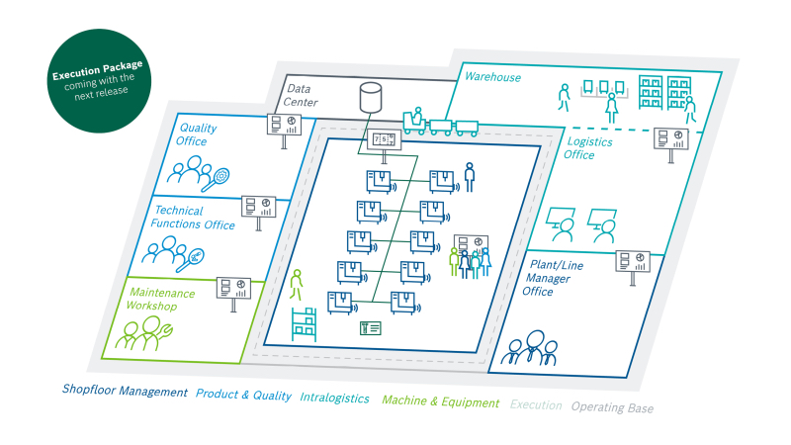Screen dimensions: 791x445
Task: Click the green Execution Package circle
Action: pos(99,81)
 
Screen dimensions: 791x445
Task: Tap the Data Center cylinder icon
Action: pos(370,97)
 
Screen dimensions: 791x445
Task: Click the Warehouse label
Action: pos(492,77)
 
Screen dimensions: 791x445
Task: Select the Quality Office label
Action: pos(196,134)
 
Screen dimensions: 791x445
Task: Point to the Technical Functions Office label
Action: pos(193,218)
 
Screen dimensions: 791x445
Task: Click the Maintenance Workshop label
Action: pos(160,300)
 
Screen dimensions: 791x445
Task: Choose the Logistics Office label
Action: pos(587,148)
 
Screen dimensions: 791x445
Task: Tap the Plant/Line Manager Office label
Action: pos(553,278)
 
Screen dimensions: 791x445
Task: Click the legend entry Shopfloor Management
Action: pos(125,391)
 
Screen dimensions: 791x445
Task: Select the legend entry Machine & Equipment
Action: pos(440,401)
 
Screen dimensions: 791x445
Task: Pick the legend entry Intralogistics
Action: pos(334,398)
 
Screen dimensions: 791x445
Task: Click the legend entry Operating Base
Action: pos(612,407)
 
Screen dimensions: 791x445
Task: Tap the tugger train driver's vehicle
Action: pos(414,122)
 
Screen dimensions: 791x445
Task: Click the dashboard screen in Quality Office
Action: pos(284,125)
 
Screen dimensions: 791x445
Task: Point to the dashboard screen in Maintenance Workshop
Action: pos(233,288)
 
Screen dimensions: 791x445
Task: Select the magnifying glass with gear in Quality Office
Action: pos(217,180)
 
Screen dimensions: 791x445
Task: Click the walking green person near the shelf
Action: pos(296,285)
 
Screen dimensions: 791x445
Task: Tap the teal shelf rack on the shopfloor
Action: pos(304,324)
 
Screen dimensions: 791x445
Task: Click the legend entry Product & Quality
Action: pos(243,395)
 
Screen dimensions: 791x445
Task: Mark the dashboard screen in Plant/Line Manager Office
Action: pos(633,261)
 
